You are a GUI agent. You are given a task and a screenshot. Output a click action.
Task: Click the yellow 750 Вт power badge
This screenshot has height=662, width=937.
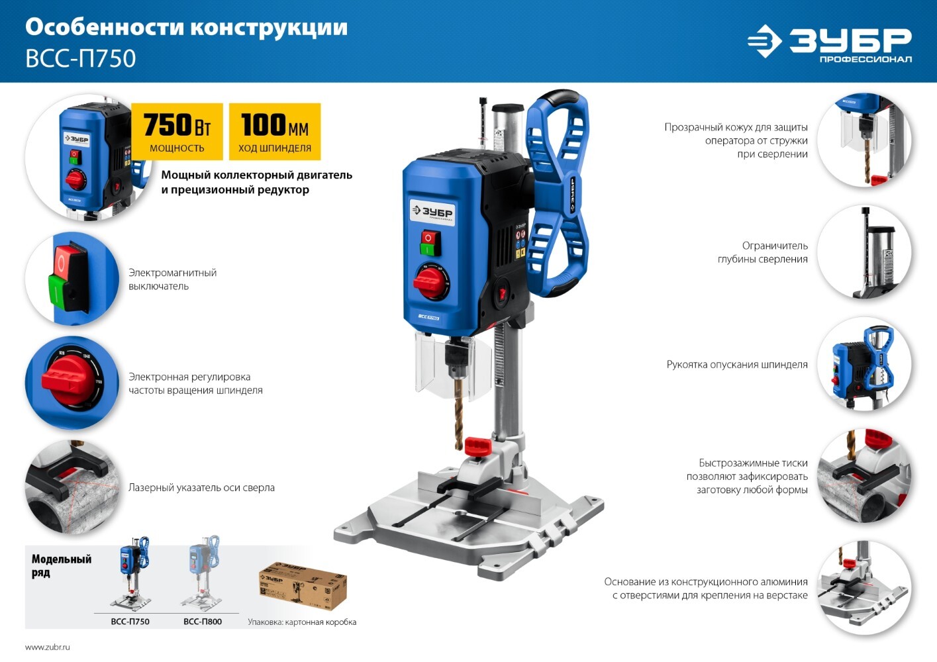[x=177, y=131]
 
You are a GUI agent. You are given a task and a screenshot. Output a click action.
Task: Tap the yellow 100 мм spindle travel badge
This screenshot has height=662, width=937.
[x=275, y=131]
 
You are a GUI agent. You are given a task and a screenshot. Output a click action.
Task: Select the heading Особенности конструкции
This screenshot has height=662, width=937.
[x=187, y=28]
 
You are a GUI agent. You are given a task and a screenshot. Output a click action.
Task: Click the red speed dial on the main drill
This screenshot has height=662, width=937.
[x=430, y=282]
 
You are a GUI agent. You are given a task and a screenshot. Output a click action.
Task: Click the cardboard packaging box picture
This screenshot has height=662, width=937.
[x=303, y=586]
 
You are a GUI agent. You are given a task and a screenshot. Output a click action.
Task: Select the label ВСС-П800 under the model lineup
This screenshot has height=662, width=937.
[x=203, y=622]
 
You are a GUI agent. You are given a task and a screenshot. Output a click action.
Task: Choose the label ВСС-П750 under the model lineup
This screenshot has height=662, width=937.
[x=130, y=622]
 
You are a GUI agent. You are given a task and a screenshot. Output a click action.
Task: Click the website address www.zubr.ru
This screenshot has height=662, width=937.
[x=47, y=647]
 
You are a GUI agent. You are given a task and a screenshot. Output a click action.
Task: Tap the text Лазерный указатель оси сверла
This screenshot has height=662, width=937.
[x=201, y=488]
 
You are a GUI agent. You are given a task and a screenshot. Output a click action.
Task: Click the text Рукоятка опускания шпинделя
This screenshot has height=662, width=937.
[x=737, y=364]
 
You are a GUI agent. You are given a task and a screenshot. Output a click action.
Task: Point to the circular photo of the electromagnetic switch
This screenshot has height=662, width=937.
[x=72, y=279]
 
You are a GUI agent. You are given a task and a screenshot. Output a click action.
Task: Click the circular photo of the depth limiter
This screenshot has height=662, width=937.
[x=864, y=252]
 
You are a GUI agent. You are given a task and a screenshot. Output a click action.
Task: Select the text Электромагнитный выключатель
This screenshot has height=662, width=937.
[x=172, y=279]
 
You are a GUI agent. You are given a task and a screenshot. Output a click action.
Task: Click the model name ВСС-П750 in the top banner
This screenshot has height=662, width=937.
[x=81, y=58]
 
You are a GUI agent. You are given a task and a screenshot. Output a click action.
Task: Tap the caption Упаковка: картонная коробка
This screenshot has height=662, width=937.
[x=302, y=622]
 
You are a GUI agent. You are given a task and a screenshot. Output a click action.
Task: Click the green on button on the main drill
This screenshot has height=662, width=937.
[x=430, y=250]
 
